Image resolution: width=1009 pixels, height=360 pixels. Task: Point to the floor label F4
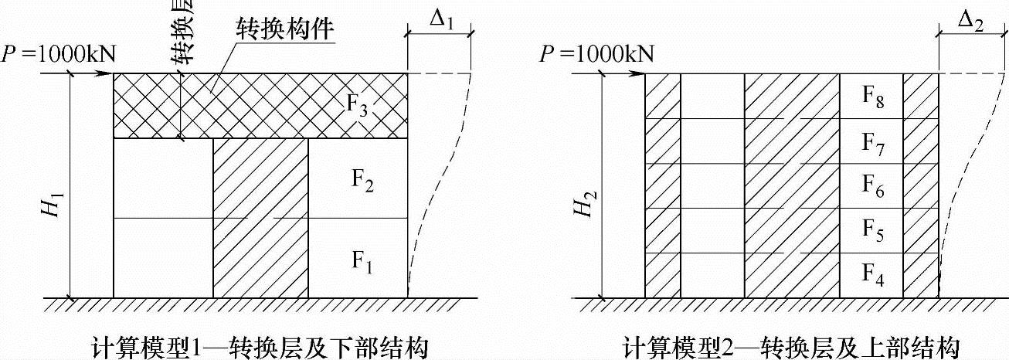pos(871,275)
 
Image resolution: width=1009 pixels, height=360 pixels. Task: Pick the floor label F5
pos(871,231)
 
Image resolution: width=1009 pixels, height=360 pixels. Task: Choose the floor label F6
pos(871,186)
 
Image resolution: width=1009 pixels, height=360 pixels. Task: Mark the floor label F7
pos(871,141)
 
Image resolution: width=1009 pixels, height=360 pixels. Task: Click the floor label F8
pos(871,97)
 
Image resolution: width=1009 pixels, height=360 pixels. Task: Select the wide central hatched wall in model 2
pos(792,185)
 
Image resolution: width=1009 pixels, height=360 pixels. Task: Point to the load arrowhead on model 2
pos(639,74)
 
